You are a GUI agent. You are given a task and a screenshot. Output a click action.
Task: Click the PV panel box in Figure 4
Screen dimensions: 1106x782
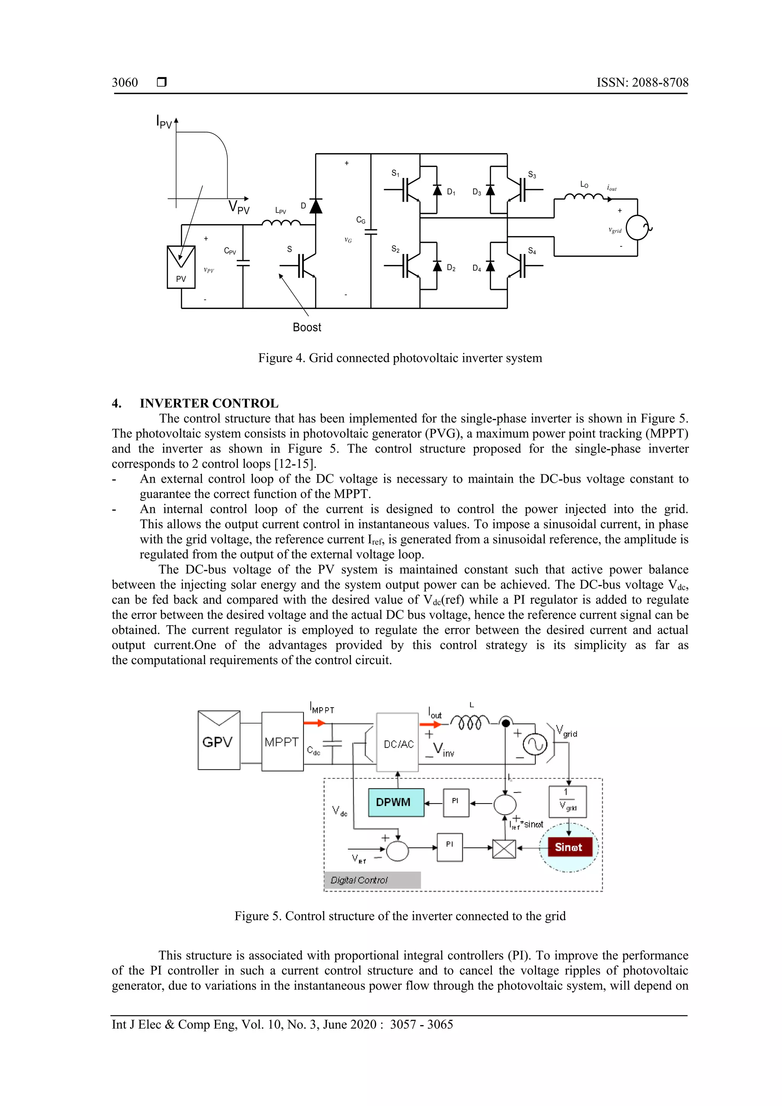[181, 267]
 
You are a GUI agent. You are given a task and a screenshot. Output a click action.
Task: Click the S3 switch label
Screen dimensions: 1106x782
[532, 175]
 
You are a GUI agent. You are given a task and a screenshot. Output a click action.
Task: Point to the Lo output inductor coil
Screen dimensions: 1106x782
[583, 197]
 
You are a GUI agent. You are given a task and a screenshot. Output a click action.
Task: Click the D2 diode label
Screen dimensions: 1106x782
[451, 268]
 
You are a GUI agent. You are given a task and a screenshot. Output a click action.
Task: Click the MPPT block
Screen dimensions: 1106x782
[282, 742]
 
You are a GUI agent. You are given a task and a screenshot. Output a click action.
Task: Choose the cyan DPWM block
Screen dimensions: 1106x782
[396, 802]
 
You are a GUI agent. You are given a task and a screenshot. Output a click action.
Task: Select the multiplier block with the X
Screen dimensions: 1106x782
[504, 849]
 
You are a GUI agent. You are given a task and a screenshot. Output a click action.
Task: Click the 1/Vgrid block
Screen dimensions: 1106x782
[568, 802]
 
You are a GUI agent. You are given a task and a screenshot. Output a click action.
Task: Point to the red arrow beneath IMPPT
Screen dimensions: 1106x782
[314, 723]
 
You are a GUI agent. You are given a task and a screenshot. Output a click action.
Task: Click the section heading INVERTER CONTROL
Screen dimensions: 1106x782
[209, 403]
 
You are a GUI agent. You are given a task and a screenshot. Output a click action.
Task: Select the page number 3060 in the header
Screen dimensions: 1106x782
[125, 82]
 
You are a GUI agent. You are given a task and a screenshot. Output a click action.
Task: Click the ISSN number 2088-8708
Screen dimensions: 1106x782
[642, 82]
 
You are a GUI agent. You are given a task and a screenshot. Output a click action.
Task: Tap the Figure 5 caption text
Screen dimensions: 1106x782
[400, 916]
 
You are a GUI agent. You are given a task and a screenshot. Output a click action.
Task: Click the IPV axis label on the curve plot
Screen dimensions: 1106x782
[164, 122]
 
